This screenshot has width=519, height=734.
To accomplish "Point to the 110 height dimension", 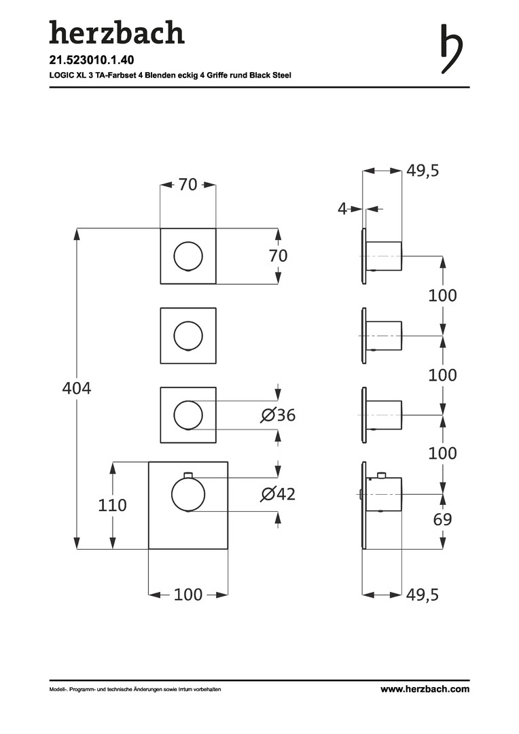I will pyautogui.click(x=113, y=505).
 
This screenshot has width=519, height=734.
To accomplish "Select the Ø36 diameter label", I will pyautogui.click(x=278, y=415).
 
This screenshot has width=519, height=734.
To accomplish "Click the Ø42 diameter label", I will pyautogui.click(x=278, y=494).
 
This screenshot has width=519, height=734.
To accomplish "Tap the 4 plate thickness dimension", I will pyautogui.click(x=342, y=209).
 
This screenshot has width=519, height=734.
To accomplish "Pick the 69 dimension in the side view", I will pyautogui.click(x=442, y=519).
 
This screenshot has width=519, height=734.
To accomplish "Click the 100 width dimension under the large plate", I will pyautogui.click(x=188, y=595).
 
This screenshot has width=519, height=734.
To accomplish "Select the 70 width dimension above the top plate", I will pyautogui.click(x=187, y=184).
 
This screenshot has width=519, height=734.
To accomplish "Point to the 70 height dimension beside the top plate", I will pyautogui.click(x=278, y=256).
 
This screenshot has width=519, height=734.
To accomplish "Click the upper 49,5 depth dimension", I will pyautogui.click(x=423, y=171).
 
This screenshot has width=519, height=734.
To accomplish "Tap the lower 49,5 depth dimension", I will pyautogui.click(x=423, y=595).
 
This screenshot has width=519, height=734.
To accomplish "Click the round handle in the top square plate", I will pyautogui.click(x=188, y=256).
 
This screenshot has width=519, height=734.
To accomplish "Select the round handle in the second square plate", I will pyautogui.click(x=188, y=336).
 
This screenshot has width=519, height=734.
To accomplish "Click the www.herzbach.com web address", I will pyautogui.click(x=425, y=689).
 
